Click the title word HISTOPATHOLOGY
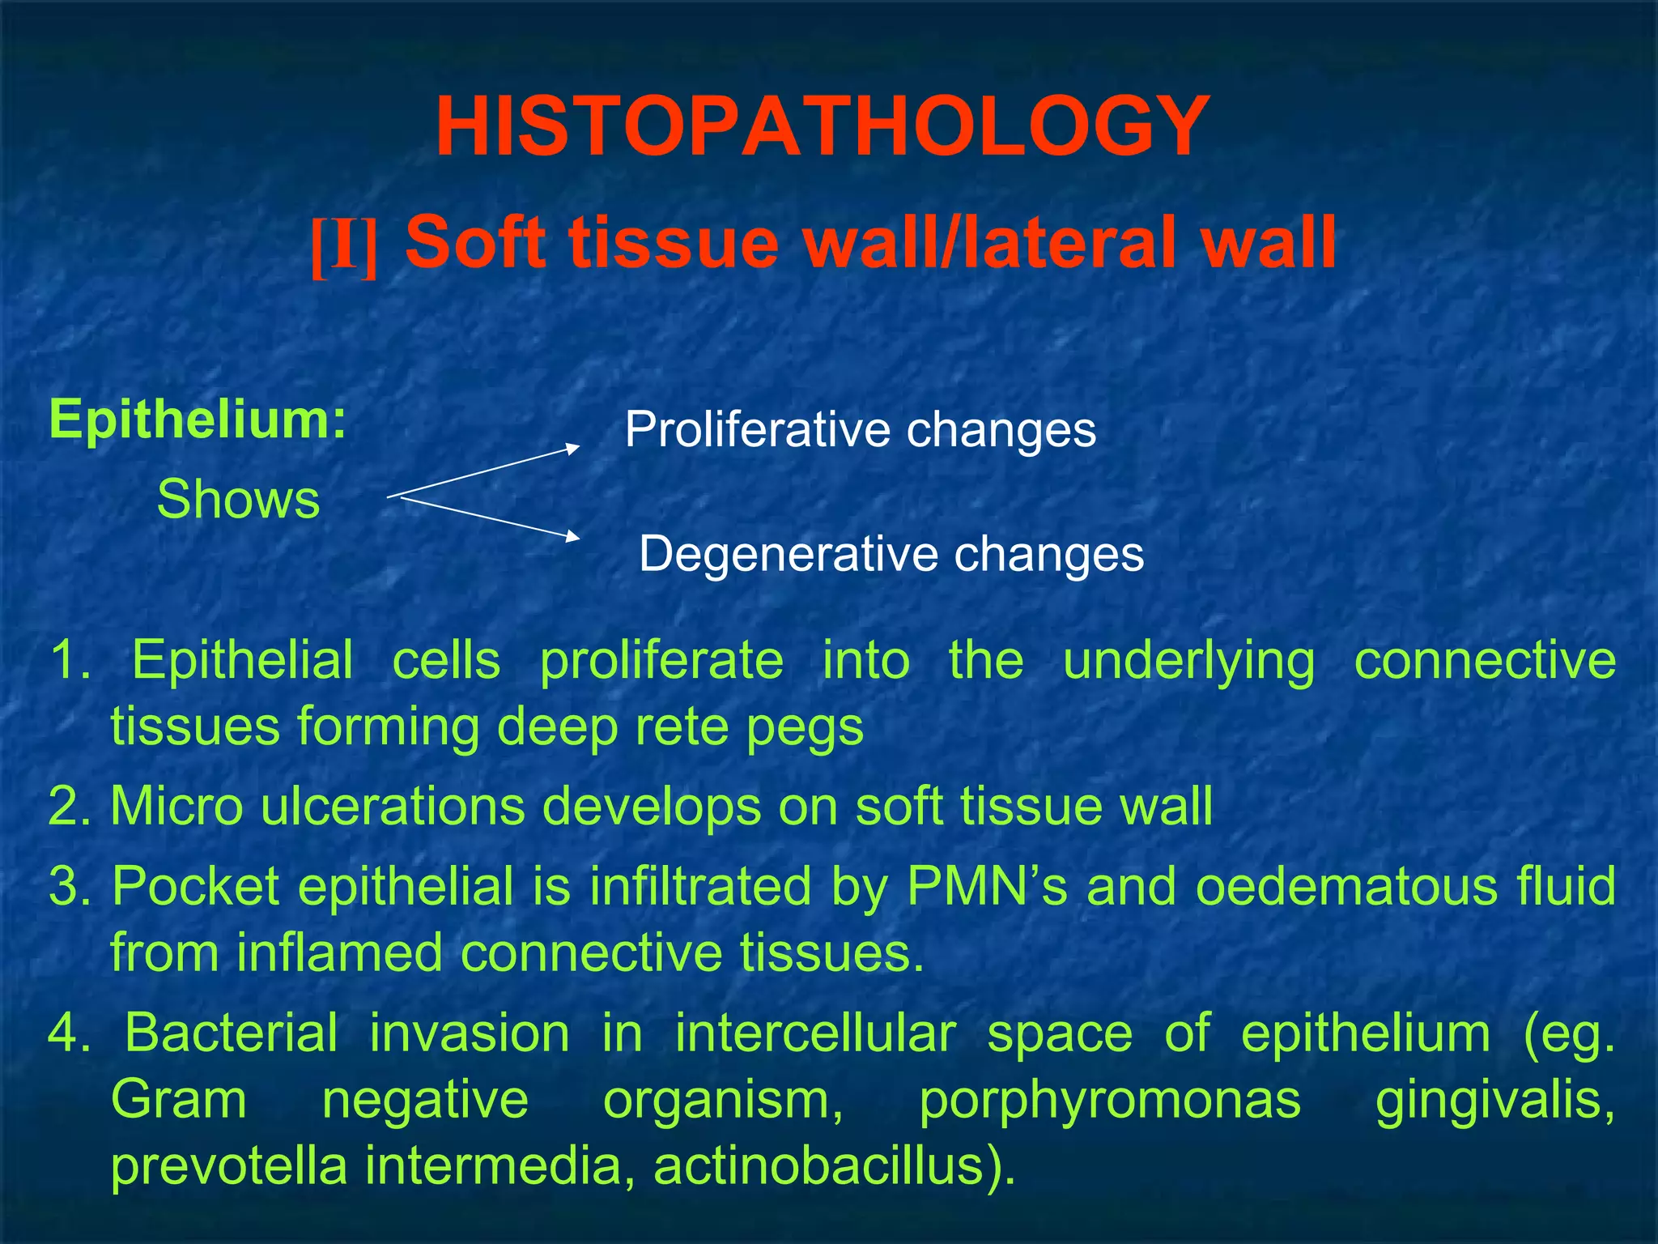pyautogui.click(x=822, y=127)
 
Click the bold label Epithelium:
pyautogui.click(x=198, y=420)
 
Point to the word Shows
pyautogui.click(x=239, y=499)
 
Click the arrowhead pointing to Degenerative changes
pyautogui.click(x=572, y=536)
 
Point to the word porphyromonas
pyautogui.click(x=1110, y=1101)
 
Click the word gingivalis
pyautogui.click(x=1494, y=1101)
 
